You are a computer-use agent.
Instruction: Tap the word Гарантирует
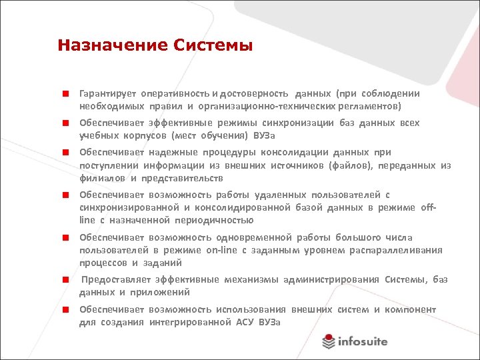pos(107,93)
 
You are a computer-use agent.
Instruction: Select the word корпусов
pos(146,135)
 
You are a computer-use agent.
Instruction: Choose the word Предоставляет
pos(114,279)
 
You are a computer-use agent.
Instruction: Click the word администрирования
pos(331,279)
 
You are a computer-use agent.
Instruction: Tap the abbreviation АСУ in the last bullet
pos(247,322)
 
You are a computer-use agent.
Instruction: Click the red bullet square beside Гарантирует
pos(67,94)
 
